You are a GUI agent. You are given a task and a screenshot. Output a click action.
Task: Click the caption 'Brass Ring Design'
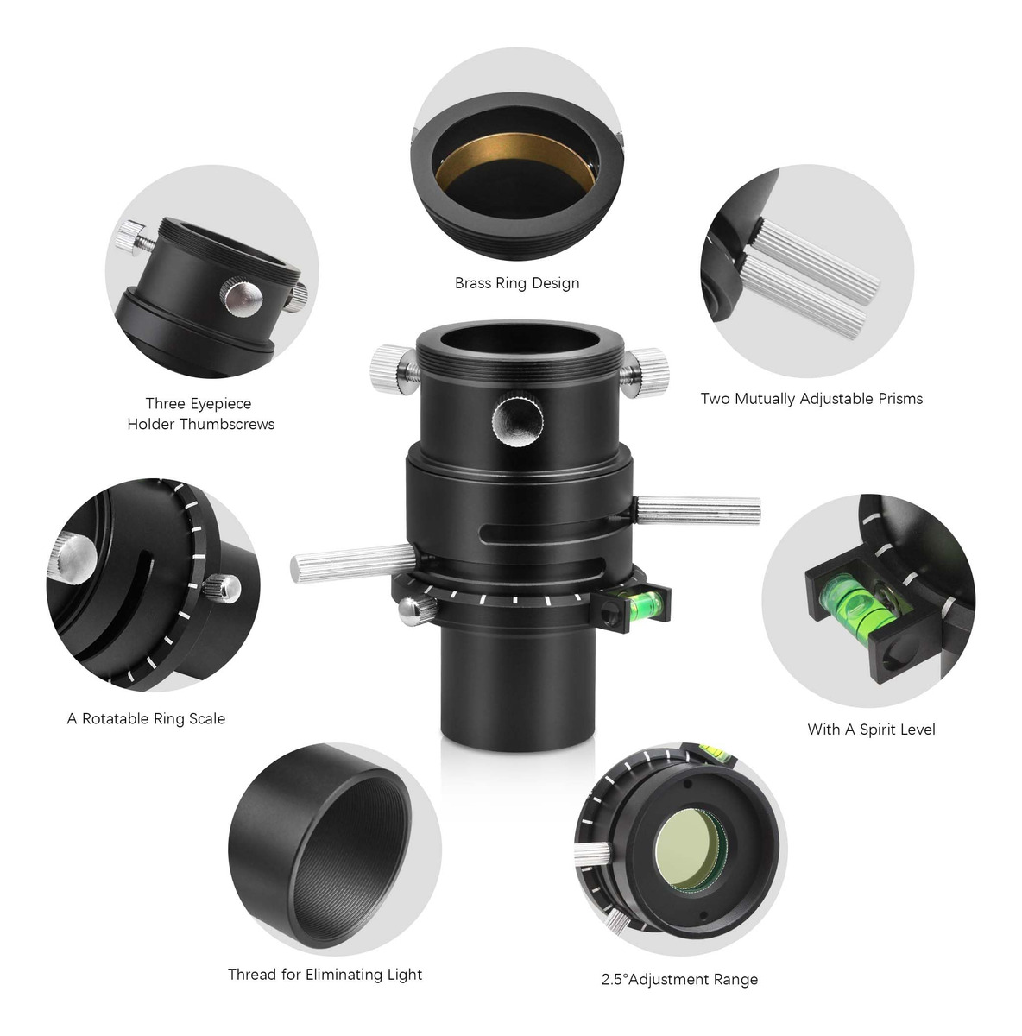pos(517,283)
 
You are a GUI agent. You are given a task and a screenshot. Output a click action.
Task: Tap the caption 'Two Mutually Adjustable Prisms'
pos(811,399)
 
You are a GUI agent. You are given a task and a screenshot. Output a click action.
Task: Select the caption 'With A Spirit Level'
pos(871,730)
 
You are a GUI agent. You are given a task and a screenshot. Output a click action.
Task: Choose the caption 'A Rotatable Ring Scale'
pos(146,719)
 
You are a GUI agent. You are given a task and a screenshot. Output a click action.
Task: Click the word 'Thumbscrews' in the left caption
pos(227,424)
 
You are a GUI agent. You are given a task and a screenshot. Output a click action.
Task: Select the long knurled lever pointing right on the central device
pos(698,511)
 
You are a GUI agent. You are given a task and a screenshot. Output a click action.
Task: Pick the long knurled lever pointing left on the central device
pos(353,563)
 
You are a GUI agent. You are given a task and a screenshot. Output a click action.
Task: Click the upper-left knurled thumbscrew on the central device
pos(394,370)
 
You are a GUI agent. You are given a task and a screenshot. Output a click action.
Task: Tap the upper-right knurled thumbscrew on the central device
pos(644,372)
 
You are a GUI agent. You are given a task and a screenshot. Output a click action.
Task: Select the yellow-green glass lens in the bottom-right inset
pos(690,848)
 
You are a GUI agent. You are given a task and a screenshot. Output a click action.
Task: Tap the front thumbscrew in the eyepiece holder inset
pos(242,297)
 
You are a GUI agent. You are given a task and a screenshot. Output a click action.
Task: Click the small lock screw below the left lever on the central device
pos(417,610)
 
